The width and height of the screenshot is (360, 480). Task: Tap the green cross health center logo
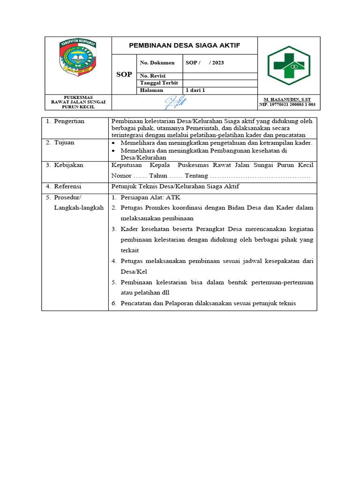[289, 65]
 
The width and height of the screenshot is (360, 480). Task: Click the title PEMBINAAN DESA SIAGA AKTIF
[185, 45]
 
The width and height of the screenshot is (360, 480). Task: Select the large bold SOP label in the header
[124, 75]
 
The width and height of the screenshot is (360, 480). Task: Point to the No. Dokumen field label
[157, 62]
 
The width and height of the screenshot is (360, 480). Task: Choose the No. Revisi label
[153, 76]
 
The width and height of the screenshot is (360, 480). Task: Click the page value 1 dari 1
[196, 90]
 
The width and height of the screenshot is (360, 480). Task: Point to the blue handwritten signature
[174, 102]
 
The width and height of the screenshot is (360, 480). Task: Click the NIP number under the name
[287, 105]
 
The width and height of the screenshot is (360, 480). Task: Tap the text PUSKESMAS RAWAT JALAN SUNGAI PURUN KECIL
[78, 102]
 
